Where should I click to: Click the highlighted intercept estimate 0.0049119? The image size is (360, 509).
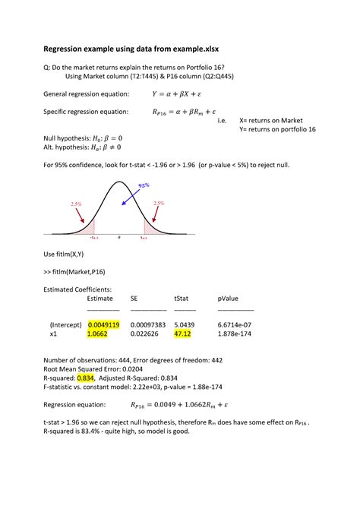pos(103,324)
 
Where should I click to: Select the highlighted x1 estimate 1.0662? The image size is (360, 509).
pos(97,333)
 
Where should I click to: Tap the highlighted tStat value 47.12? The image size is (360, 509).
pos(182,333)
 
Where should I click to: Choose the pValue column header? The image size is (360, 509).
pos(228,299)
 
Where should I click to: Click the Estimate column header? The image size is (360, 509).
pos(100,299)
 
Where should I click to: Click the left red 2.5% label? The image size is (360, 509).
pos(76,204)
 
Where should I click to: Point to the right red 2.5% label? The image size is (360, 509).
pos(159,203)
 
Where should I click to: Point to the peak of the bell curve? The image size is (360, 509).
pos(118,182)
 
